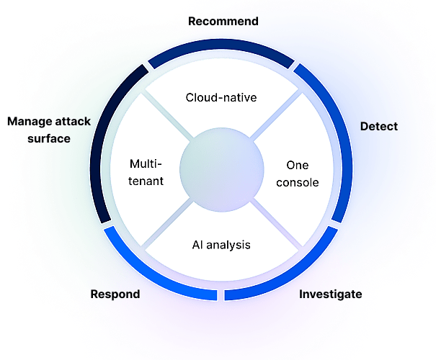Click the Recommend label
pos(223,22)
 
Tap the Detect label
pos(378,127)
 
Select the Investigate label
pos(330,294)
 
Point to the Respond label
pos(115,294)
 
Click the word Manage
pos(30,121)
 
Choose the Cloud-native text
pos(221,96)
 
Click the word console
pos(297,182)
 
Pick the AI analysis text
pos(221,245)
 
